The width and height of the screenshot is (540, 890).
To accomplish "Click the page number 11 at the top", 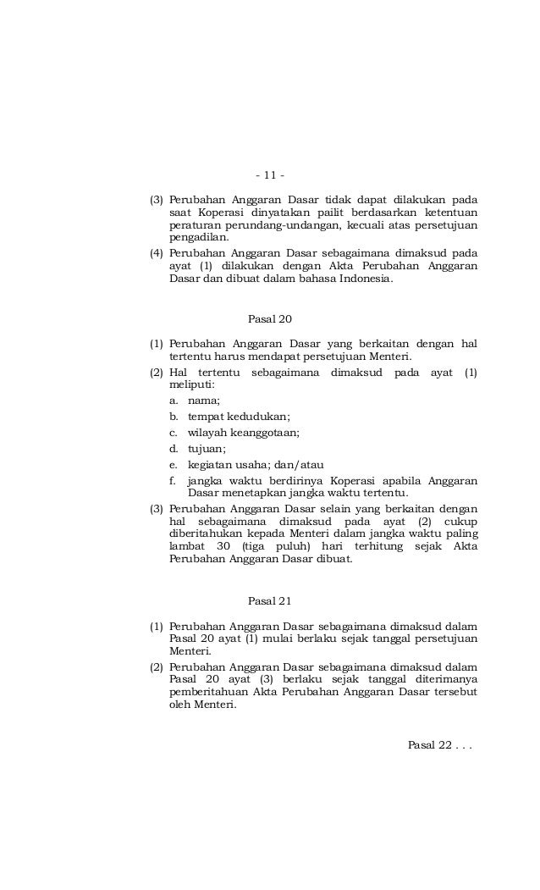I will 269,176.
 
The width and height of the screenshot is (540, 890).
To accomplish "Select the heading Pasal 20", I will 269,318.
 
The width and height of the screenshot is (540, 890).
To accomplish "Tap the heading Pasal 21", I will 269,601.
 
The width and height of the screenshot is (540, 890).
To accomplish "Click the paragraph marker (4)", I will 157,253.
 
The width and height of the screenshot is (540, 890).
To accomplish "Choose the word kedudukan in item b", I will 257,417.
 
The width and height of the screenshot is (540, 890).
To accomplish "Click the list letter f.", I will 173,481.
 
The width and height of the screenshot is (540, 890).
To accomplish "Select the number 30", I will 223,547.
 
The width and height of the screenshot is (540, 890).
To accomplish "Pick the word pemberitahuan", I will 208,692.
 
